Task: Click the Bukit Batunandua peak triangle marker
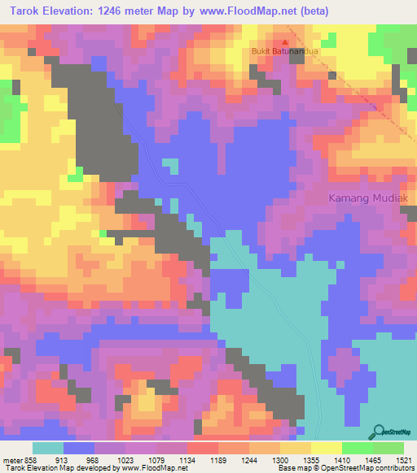[285, 42]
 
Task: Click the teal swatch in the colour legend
[48, 448]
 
